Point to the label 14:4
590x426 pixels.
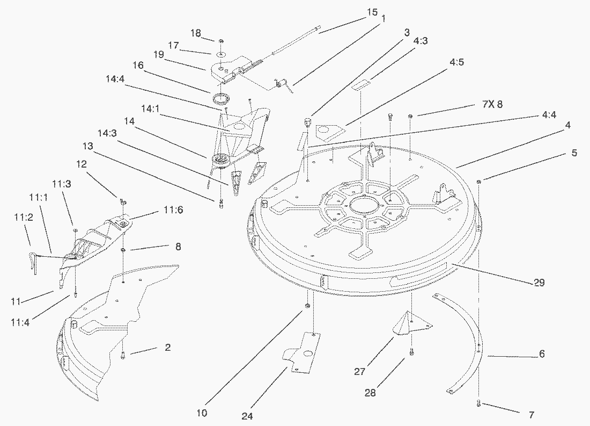point(115,78)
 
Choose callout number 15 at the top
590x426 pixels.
point(372,12)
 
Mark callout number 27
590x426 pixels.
point(359,371)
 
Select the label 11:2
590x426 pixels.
point(20,216)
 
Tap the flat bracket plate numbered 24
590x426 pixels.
point(303,352)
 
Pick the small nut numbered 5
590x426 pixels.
point(478,182)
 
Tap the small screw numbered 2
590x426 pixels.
point(123,355)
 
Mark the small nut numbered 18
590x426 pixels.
point(220,41)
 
